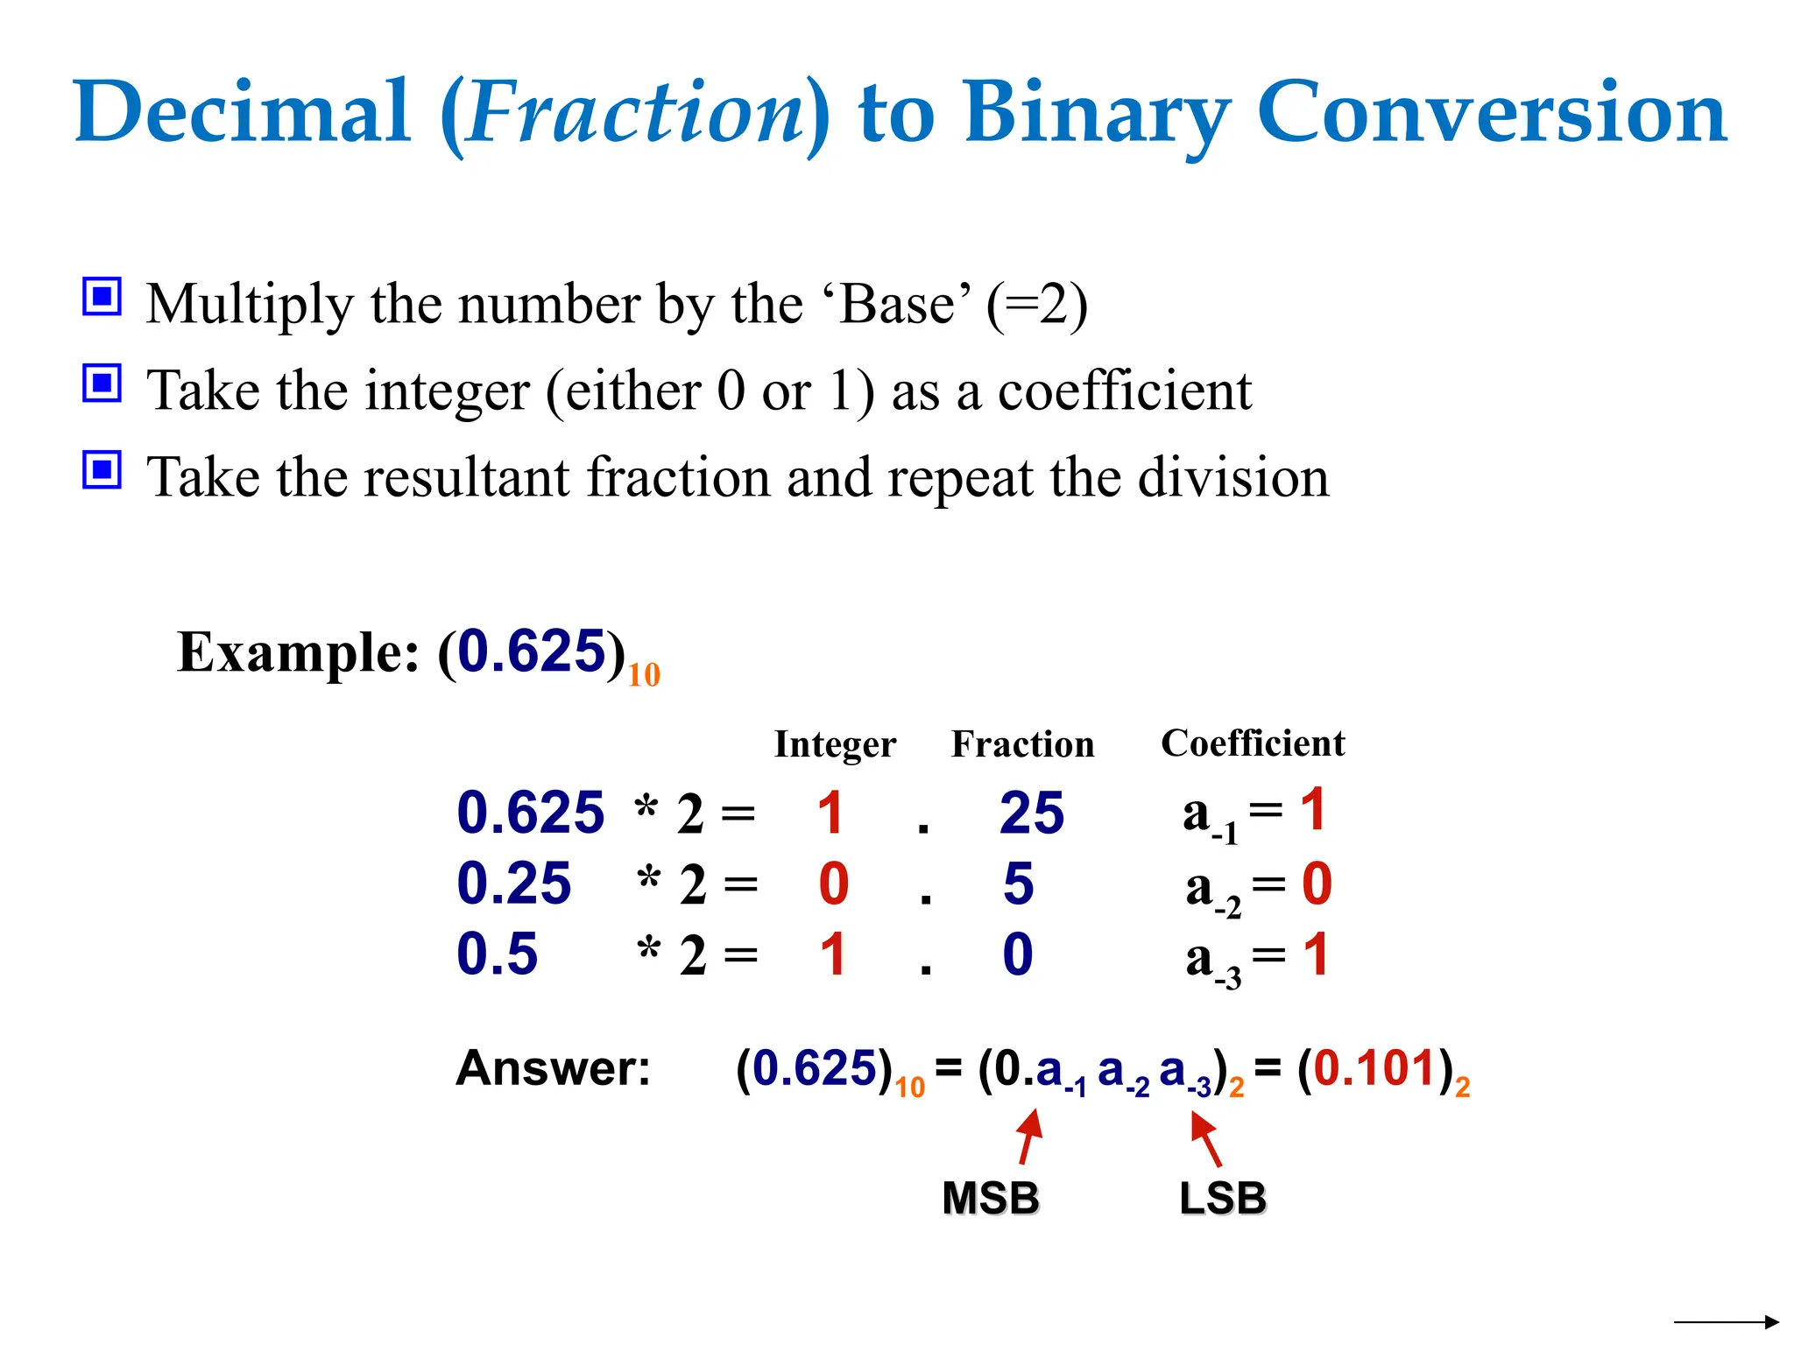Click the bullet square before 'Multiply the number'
pyautogui.click(x=102, y=297)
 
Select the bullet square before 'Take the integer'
pyautogui.click(x=102, y=383)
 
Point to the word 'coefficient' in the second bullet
pyautogui.click(x=1125, y=391)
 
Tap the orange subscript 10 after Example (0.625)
pyautogui.click(x=644, y=675)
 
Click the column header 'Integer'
pyautogui.click(x=835, y=744)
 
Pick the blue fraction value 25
pyautogui.click(x=1032, y=813)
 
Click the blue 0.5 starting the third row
pyautogui.click(x=497, y=954)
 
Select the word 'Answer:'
pyautogui.click(x=554, y=1068)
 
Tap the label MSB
pyautogui.click(x=991, y=1198)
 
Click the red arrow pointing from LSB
pyautogui.click(x=1206, y=1137)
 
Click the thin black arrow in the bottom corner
pyautogui.click(x=1726, y=1321)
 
